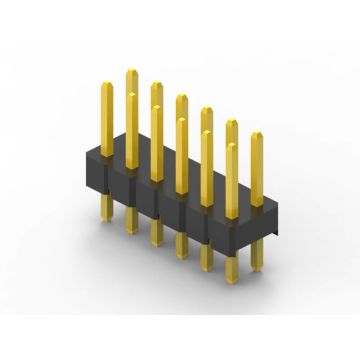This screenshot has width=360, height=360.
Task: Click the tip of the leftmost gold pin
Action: pyautogui.click(x=106, y=86)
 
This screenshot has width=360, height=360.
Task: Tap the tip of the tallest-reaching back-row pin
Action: pyautogui.click(x=131, y=72)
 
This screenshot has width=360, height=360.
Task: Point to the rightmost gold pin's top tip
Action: pyautogui.click(x=257, y=134)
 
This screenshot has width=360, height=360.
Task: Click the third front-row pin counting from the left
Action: pyautogui.click(x=156, y=140)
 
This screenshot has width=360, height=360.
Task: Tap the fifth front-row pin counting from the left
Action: pyautogui.click(x=206, y=165)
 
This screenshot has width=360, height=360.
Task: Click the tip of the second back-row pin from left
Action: pyautogui.click(x=156, y=85)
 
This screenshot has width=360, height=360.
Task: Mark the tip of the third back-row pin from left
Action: pyautogui.click(x=181, y=98)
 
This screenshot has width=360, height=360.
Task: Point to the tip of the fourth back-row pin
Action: pyautogui.click(x=206, y=110)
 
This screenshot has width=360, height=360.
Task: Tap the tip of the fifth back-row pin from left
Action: pyautogui.click(x=232, y=122)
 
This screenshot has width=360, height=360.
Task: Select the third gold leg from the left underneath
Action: pyautogui.click(x=156, y=231)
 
